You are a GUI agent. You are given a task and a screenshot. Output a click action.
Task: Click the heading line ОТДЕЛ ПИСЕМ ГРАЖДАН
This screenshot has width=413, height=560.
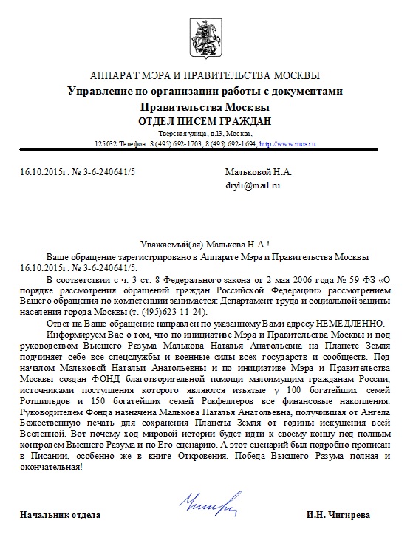205,120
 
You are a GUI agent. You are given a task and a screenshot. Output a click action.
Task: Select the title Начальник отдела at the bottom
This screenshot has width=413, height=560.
61,513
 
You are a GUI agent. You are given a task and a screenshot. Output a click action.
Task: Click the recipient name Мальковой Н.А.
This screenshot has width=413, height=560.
258,171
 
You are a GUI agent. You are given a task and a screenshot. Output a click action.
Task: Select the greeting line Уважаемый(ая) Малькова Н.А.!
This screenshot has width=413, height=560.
205,244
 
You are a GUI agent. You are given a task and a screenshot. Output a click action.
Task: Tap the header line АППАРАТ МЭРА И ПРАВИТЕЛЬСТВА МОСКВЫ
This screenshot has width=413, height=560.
205,76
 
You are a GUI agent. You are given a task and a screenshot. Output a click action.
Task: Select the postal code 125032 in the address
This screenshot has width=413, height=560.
105,143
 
